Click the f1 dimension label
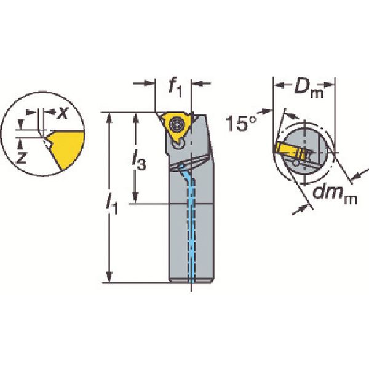[175, 87]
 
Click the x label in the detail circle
[63, 113]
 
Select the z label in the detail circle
[22, 157]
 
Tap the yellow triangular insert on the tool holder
[177, 127]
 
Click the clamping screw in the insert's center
[176, 124]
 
